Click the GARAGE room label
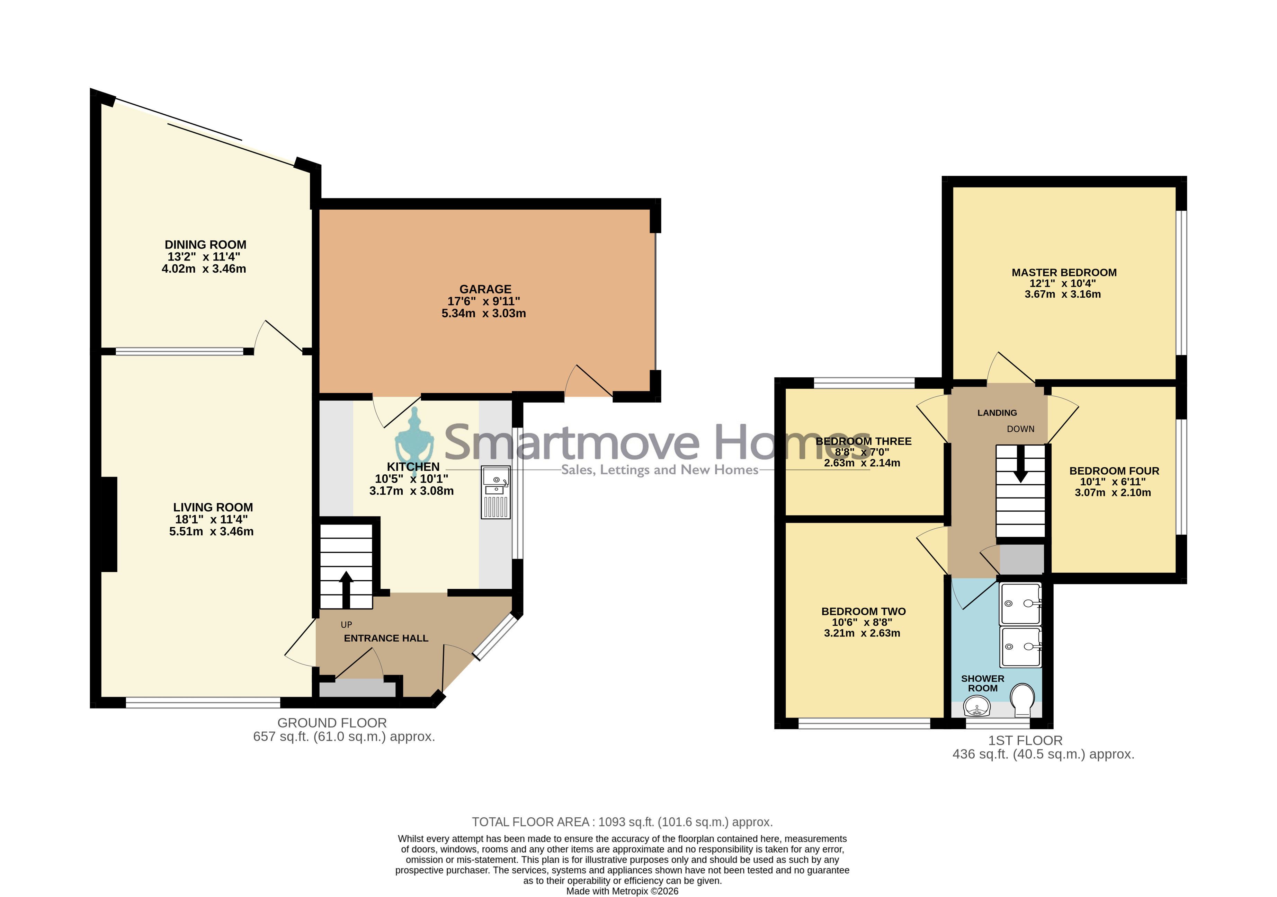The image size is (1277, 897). pos(485,289)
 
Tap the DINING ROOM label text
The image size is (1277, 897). pos(205,245)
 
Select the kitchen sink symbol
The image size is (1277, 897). pos(495,492)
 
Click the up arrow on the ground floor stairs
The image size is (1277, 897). pos(346,589)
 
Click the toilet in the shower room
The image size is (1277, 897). pos(1022,700)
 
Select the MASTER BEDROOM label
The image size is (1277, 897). pos(1064,273)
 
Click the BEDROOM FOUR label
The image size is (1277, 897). pos(1114,471)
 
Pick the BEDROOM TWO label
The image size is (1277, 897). pos(864,612)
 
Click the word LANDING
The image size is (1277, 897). pos(997,413)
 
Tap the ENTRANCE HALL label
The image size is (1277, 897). pos(386,638)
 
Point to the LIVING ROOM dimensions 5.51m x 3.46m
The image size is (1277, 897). pos(211,531)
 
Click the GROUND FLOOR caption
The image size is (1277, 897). pos(332,723)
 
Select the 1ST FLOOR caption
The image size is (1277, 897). pos(1025,741)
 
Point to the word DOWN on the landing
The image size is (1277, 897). pos(1021,429)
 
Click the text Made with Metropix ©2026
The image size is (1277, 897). pos(622,891)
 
